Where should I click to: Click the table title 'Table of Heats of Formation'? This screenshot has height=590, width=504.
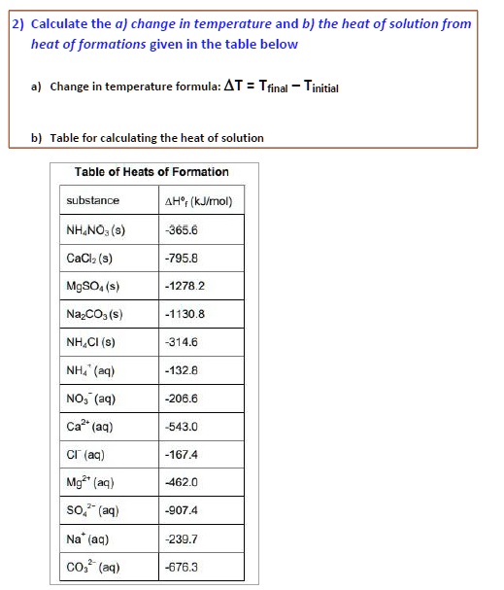(x=151, y=172)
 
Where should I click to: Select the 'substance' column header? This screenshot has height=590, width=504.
(x=93, y=201)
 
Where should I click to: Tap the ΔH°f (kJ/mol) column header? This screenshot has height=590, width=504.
(x=199, y=202)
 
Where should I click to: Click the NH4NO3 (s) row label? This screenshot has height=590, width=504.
(x=95, y=230)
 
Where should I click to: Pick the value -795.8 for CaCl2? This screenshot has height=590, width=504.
(x=183, y=259)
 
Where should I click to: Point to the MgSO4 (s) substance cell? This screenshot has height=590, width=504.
(x=93, y=287)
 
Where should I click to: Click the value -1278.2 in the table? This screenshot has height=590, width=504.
(x=185, y=287)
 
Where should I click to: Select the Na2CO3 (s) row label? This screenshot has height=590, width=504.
(x=94, y=315)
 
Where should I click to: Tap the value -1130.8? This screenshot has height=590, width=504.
(x=185, y=314)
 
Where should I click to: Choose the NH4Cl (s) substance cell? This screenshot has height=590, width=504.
(x=91, y=342)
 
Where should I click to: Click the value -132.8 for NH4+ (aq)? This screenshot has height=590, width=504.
(x=183, y=370)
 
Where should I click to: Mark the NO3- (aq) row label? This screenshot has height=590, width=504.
(x=90, y=399)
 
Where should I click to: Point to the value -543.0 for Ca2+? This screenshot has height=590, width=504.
(x=183, y=427)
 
